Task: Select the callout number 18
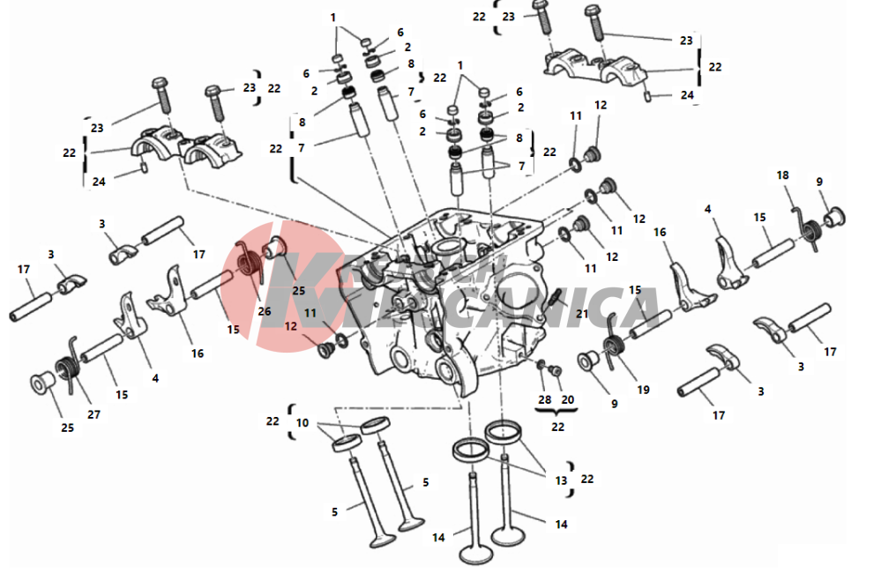point(782,175)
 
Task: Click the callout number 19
point(643,389)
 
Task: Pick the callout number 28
point(545,399)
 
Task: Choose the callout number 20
point(568,399)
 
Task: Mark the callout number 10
point(302,422)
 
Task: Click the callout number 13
point(560,480)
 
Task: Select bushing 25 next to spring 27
point(39,385)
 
